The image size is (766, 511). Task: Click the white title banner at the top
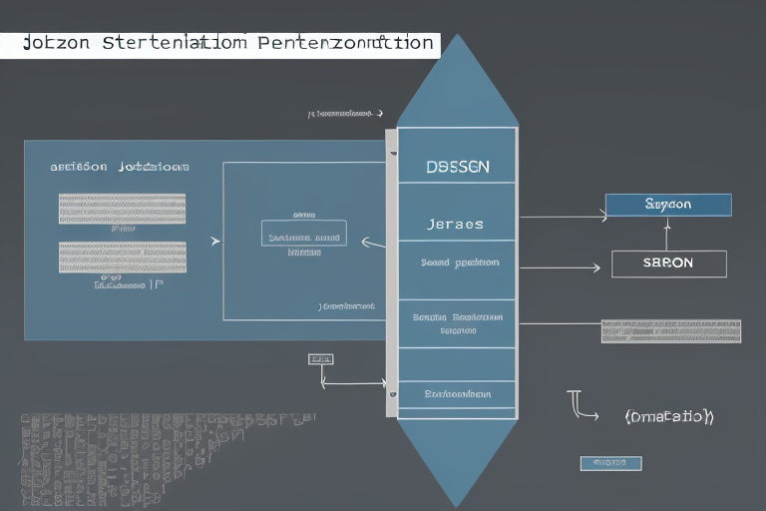click(219, 44)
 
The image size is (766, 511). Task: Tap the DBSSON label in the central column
click(457, 167)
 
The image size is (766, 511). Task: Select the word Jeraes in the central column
click(455, 224)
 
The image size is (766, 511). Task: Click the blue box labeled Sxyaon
click(668, 205)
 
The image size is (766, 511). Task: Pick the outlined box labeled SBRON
click(668, 263)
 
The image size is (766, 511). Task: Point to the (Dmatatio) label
click(668, 416)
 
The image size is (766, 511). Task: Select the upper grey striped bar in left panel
click(122, 209)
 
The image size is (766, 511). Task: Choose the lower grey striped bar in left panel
click(122, 257)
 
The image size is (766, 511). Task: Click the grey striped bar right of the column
click(670, 331)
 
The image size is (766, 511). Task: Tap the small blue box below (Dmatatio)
click(610, 463)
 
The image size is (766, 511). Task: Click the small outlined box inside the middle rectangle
click(304, 233)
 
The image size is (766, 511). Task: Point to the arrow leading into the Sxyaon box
click(564, 216)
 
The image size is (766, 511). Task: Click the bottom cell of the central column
click(457, 394)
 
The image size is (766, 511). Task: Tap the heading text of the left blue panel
click(120, 167)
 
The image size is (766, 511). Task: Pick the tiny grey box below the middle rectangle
click(321, 358)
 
